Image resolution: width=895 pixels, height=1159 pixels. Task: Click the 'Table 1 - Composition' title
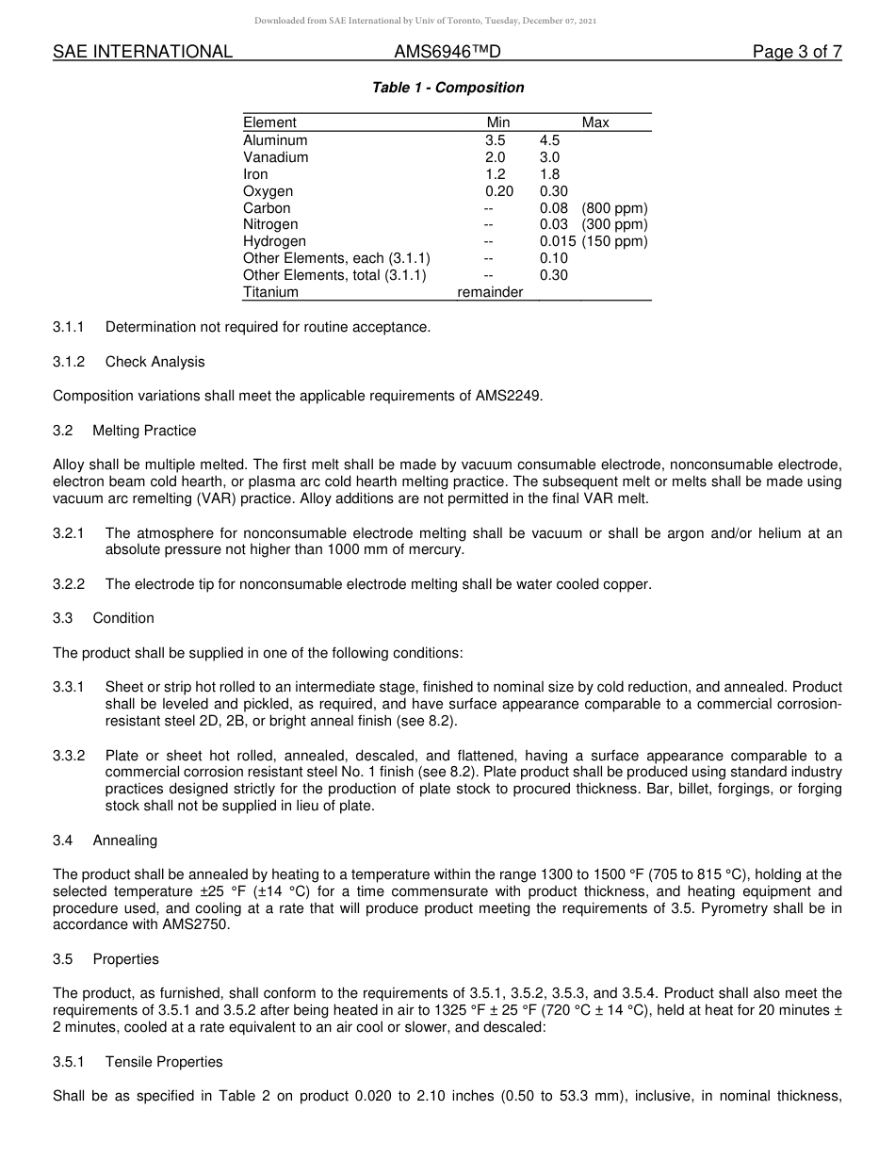[447, 88]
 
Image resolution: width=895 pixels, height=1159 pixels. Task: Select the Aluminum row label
[275, 140]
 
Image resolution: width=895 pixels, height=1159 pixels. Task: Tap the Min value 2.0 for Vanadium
[495, 157]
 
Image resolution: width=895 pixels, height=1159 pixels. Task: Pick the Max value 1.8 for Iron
[549, 174]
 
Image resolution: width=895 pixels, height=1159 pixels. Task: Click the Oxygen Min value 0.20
[499, 191]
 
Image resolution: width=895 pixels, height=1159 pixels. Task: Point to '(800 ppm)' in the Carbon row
[614, 208]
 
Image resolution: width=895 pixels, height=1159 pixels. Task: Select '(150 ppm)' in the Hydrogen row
[614, 241]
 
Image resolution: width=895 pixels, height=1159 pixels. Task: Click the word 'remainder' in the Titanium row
[490, 292]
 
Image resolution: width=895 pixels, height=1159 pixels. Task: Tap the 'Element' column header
[269, 122]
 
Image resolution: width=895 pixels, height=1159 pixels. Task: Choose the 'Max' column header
[595, 122]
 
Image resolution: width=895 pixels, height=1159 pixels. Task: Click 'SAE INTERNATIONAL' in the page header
[142, 52]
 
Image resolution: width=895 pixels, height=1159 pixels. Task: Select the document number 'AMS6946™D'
[447, 52]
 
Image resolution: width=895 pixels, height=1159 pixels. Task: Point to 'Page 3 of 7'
[797, 52]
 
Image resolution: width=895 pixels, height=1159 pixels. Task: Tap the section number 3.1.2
[69, 362]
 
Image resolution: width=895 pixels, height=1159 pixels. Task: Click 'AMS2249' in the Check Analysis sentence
[511, 396]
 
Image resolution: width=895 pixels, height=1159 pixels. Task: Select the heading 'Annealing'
[125, 841]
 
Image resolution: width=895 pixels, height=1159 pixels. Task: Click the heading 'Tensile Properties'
[164, 1062]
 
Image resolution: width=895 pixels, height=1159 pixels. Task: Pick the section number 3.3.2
[69, 756]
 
